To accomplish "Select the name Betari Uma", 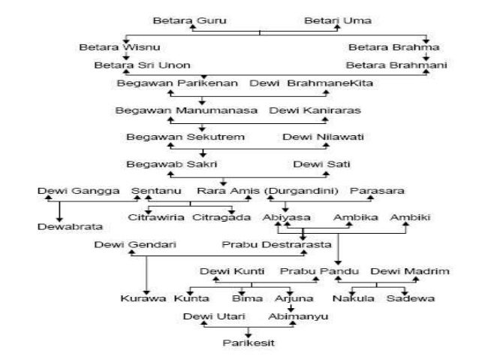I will (337, 20).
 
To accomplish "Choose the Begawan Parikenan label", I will (177, 82).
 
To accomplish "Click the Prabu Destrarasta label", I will (266, 244).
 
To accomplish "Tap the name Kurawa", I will (143, 298).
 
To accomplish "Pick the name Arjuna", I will (288, 298).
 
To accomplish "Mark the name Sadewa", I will (410, 298).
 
